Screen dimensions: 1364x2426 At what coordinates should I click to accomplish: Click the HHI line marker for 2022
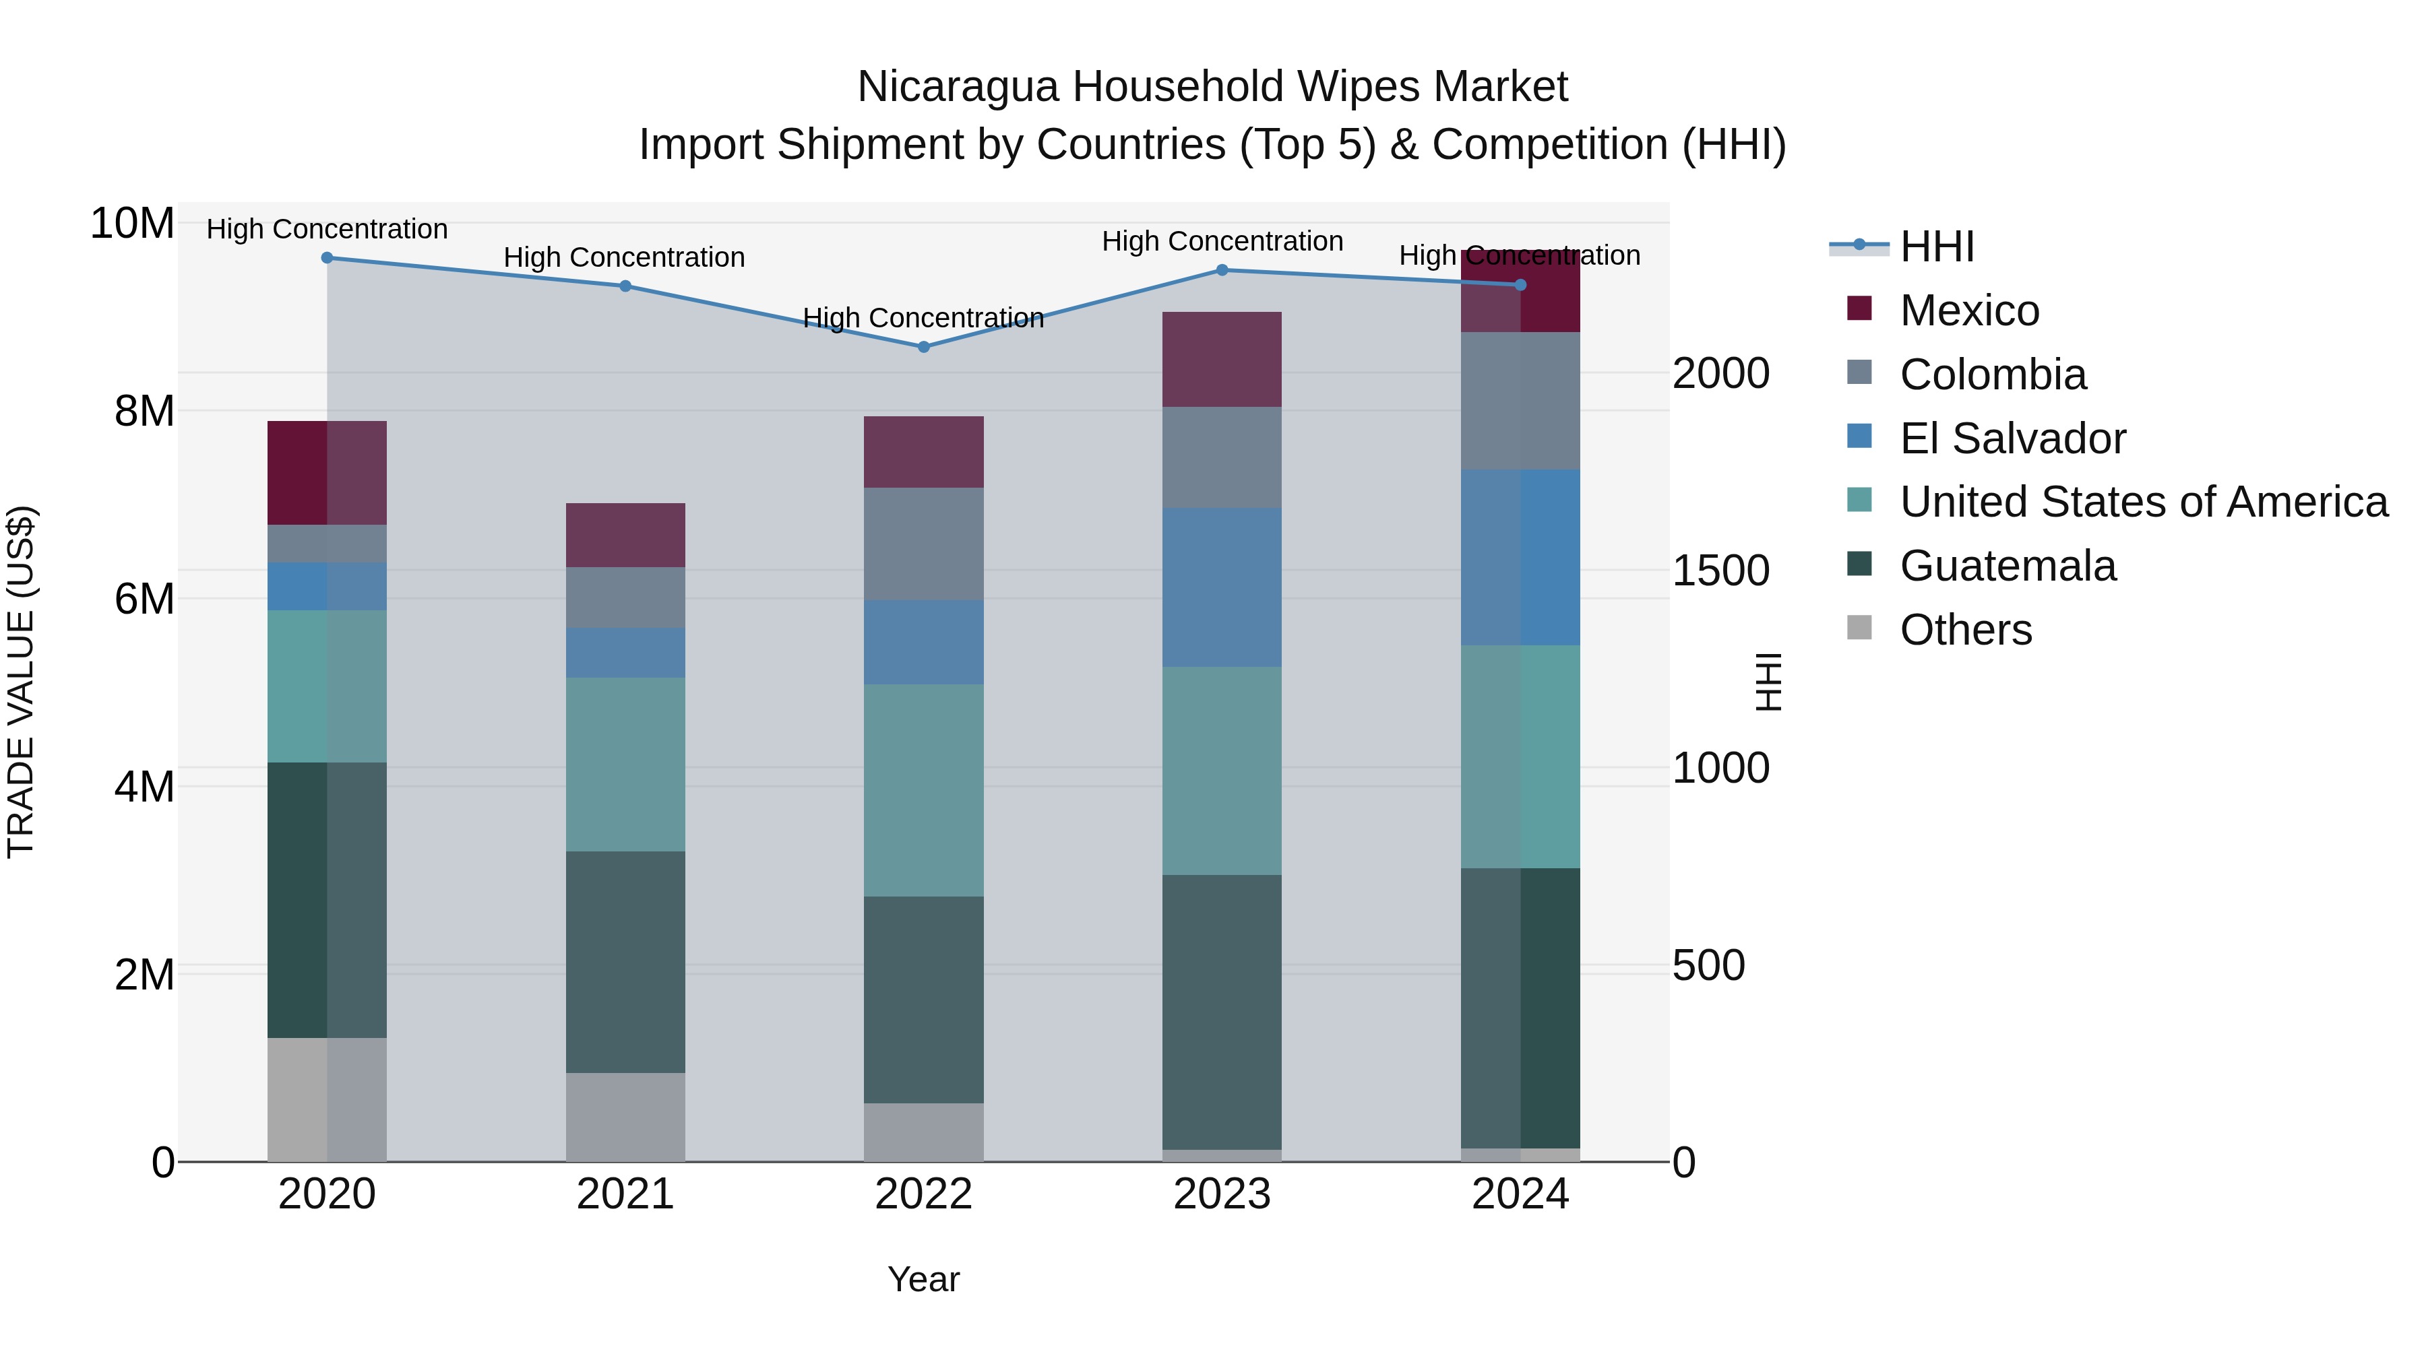tap(923, 346)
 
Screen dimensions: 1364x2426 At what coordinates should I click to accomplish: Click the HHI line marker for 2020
tap(327, 258)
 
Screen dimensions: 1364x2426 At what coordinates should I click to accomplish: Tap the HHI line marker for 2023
tap(1222, 270)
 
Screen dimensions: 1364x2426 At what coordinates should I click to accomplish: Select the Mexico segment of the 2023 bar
tap(1222, 358)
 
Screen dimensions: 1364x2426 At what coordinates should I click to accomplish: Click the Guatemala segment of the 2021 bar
tap(625, 961)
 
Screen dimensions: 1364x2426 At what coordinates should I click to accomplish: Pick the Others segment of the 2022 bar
tap(923, 1132)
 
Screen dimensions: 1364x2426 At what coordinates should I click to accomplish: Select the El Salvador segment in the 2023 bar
tap(1222, 587)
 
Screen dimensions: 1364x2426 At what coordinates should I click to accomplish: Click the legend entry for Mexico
tap(1968, 311)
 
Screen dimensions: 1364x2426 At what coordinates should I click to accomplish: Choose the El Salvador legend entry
tap(2012, 439)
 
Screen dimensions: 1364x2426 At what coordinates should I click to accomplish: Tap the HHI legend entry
tap(1936, 247)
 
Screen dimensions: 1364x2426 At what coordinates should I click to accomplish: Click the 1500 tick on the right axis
tap(1720, 571)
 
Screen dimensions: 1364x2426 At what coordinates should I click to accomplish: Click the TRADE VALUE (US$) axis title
tap(21, 682)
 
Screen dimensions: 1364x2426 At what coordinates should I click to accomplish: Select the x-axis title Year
tap(923, 1279)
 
